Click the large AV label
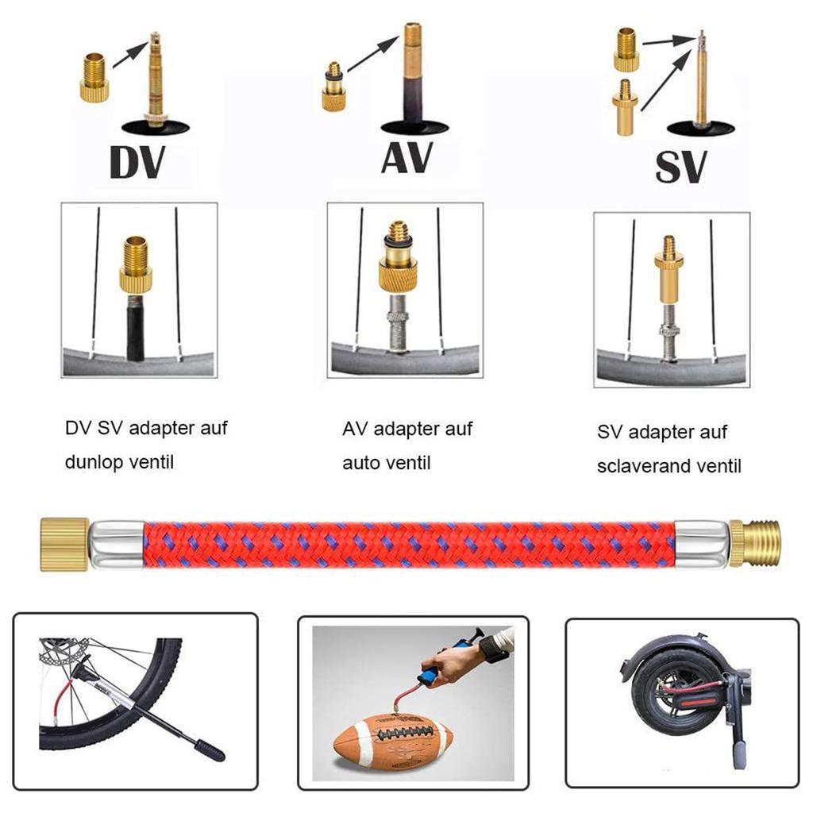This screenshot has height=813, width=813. [407, 155]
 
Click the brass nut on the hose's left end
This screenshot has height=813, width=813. [64, 544]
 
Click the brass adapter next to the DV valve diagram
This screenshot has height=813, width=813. [94, 76]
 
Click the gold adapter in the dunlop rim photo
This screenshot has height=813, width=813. [135, 264]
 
